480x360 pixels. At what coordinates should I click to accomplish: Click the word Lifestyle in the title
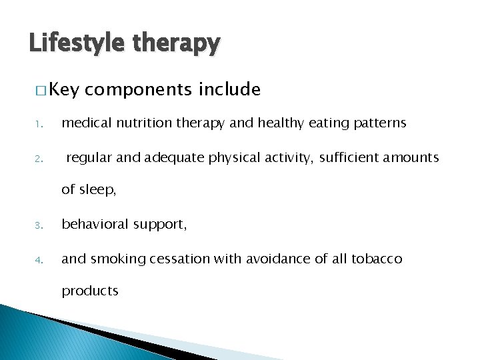pyautogui.click(x=75, y=44)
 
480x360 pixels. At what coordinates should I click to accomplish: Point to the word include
pyautogui.click(x=229, y=89)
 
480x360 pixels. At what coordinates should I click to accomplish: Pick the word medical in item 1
pyautogui.click(x=85, y=123)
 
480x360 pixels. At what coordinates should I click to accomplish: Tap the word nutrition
pyautogui.click(x=137, y=123)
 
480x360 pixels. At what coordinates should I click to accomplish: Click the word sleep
pyautogui.click(x=97, y=190)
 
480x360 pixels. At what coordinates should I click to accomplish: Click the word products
pyautogui.click(x=90, y=291)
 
